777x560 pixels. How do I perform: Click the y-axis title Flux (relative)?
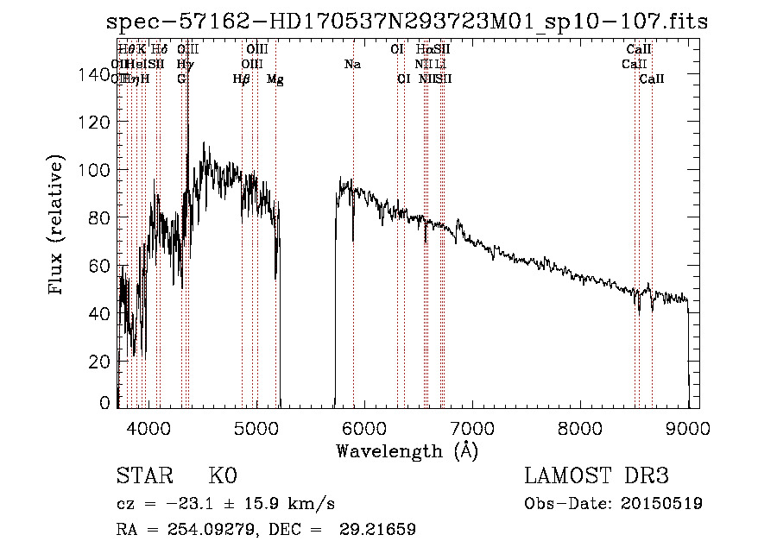[57, 226]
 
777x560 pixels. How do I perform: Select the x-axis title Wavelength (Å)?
[407, 450]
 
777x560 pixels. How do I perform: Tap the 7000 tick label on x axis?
[471, 426]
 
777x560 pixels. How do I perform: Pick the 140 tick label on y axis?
[93, 75]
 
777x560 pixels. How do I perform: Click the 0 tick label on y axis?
[104, 403]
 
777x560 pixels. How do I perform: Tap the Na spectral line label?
[352, 65]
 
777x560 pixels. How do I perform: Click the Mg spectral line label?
[275, 79]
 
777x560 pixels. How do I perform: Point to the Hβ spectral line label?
[242, 79]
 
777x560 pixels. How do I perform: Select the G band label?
[181, 79]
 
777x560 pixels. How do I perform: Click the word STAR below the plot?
[142, 476]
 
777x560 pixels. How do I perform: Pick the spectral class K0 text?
[223, 476]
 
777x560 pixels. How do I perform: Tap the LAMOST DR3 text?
[597, 476]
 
